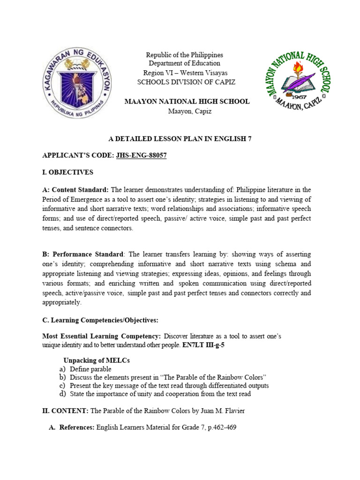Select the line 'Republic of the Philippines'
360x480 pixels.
pyautogui.click(x=184, y=55)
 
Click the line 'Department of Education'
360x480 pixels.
pyautogui.click(x=184, y=63)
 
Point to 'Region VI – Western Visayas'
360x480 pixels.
pyautogui.click(x=185, y=73)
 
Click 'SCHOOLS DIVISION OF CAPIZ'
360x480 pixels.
pyautogui.click(x=186, y=82)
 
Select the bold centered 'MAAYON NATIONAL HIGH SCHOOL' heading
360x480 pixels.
pyautogui.click(x=186, y=102)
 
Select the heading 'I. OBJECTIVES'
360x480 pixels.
pyautogui.click(x=67, y=172)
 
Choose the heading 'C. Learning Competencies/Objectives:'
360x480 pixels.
pyautogui.click(x=100, y=320)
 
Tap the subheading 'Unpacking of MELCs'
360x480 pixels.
pyautogui.click(x=97, y=360)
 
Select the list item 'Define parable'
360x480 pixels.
pyautogui.click(x=90, y=369)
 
